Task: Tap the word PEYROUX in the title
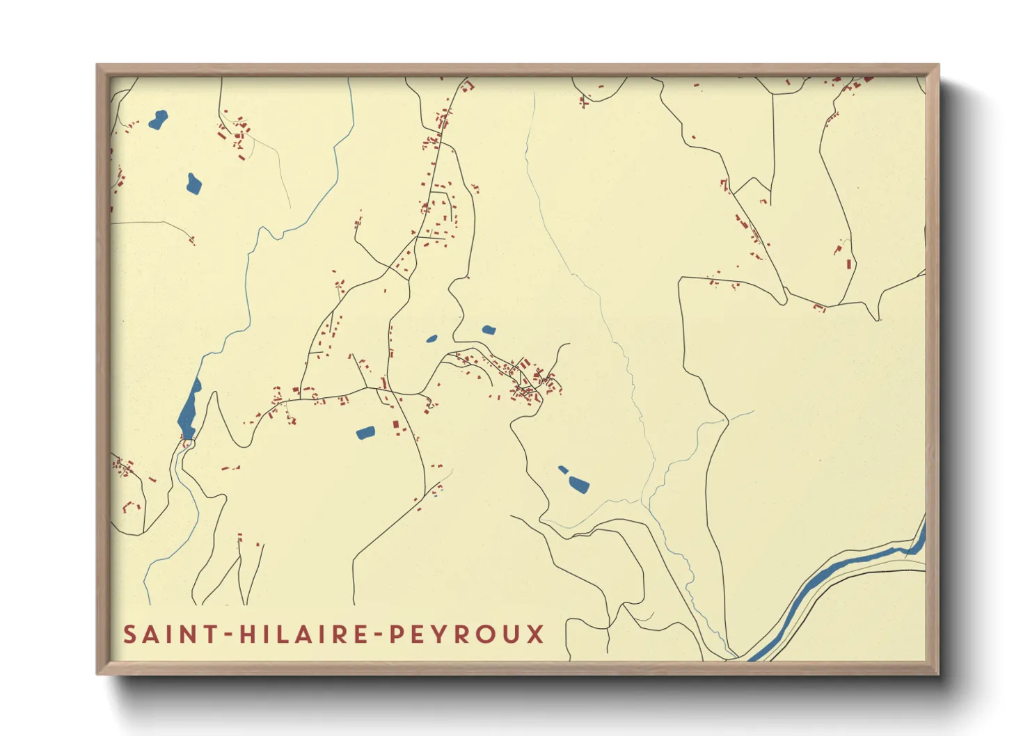466,634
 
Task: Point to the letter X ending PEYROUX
534,634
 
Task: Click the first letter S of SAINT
129,634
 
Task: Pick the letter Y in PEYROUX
438,634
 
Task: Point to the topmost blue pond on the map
158,120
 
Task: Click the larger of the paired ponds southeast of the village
579,484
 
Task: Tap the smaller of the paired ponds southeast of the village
562,470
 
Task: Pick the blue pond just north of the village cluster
489,330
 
